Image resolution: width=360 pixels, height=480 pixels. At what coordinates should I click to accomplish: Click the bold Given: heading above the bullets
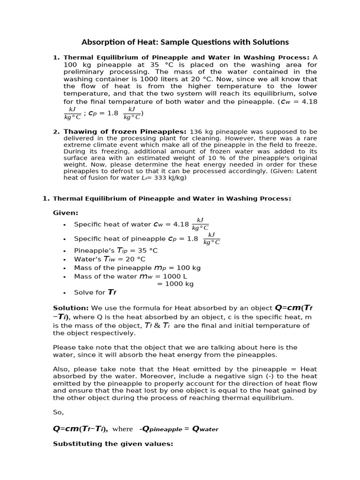(x=66, y=212)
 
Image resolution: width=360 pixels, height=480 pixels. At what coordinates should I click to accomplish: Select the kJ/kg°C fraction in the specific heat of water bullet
(x=200, y=224)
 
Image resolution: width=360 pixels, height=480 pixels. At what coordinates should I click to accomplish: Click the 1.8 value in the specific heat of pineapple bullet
(x=193, y=239)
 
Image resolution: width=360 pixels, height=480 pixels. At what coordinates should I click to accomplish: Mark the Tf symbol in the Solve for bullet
(x=112, y=292)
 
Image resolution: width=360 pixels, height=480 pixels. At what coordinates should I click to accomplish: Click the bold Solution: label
(x=71, y=308)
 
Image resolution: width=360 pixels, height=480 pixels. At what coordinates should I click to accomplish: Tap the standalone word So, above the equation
(x=58, y=412)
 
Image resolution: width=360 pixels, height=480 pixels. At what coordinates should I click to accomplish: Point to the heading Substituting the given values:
(x=113, y=443)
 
